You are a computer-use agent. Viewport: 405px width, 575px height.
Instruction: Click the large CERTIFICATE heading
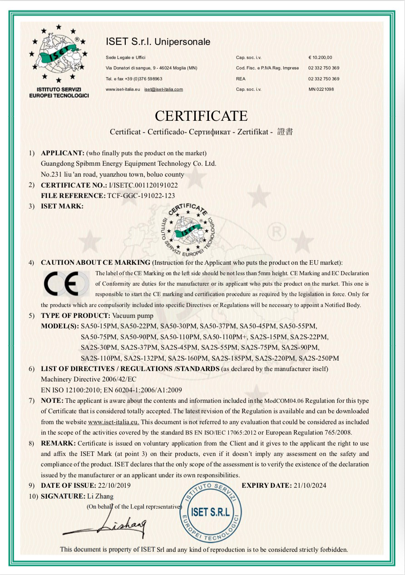click(201, 116)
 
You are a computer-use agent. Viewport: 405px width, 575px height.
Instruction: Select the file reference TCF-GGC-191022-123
click(141, 196)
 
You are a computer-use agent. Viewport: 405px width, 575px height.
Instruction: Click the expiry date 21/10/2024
click(310, 486)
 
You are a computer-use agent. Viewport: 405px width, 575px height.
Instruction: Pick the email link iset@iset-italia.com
click(163, 89)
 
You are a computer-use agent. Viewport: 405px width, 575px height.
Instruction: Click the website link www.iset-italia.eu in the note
click(114, 422)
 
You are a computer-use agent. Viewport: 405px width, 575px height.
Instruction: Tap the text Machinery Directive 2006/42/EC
click(89, 379)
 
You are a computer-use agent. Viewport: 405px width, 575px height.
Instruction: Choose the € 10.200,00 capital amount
click(320, 58)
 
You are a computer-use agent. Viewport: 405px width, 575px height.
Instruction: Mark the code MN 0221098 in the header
click(321, 89)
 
